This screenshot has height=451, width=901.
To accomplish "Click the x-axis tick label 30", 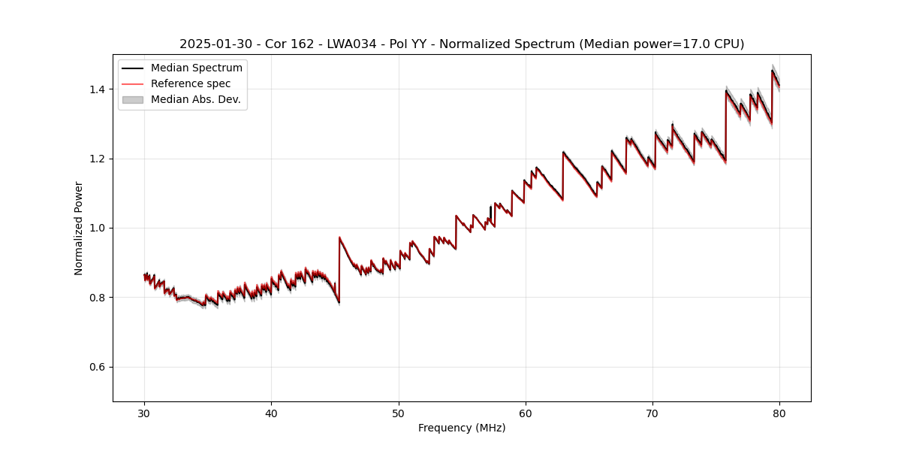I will (x=144, y=413).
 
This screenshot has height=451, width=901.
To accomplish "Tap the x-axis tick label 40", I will (x=271, y=413).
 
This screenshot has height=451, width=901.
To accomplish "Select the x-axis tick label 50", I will (x=399, y=413).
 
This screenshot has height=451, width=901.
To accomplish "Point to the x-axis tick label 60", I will (x=526, y=413).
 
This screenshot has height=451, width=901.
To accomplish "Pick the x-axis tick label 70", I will (x=652, y=413).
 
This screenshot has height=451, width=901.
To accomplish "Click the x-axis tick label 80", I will (x=779, y=413).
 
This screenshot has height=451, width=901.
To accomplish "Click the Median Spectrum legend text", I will (x=196, y=68).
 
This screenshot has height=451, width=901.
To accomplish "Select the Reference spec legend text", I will (x=191, y=83).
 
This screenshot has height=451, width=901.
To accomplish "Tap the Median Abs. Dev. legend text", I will (x=195, y=99).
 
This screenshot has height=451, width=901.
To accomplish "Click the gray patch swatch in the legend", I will (x=133, y=99).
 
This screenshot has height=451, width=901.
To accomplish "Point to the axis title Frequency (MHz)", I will (x=462, y=428).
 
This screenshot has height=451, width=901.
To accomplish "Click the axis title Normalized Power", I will (x=79, y=228).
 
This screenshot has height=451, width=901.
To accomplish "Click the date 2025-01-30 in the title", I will (x=213, y=44).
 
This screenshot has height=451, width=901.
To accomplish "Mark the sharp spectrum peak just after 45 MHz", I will (x=339, y=238).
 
